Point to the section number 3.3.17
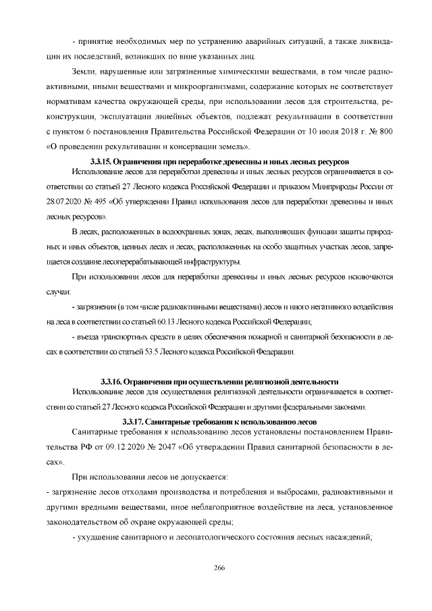135,421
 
